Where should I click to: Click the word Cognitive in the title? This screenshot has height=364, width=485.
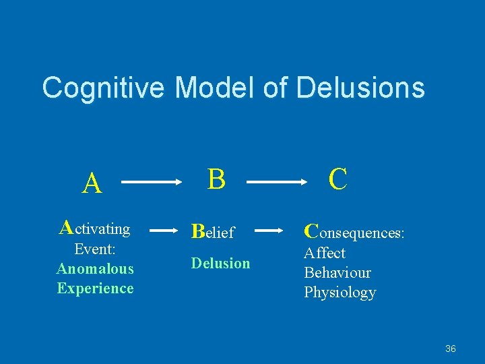pos(103,88)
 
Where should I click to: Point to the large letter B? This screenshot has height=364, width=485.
pos(216,179)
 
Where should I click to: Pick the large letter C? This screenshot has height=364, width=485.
pos(338,179)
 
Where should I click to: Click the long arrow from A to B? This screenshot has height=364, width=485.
pos(154,182)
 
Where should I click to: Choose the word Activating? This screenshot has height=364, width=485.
pos(95,229)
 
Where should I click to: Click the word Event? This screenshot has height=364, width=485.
pos(95,249)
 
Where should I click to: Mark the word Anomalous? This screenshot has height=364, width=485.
pos(95,269)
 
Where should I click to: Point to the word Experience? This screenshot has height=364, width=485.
pos(95,289)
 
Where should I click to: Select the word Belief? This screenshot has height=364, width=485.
pos(213,233)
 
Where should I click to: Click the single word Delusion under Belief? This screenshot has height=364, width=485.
pos(220,263)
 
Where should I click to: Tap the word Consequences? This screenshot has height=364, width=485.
pos(354,233)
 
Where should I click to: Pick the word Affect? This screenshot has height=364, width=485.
pos(325,253)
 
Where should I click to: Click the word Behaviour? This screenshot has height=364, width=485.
pos(337,273)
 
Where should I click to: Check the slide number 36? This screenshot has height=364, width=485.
pos(451,348)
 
